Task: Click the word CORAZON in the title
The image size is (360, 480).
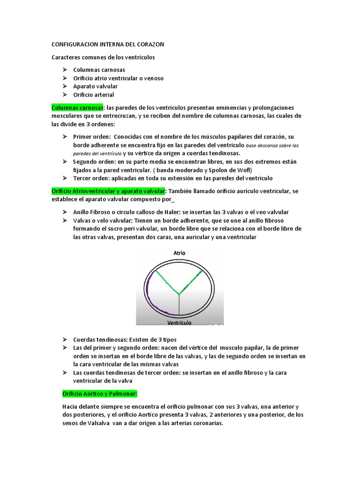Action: pos(149,45)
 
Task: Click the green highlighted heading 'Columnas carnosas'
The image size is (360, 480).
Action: pos(77,108)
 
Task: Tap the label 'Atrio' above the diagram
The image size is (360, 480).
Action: pos(180,253)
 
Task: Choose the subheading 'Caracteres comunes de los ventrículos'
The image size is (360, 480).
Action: pos(103,57)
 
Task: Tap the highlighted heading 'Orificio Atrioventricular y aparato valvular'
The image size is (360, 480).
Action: pos(108,191)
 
